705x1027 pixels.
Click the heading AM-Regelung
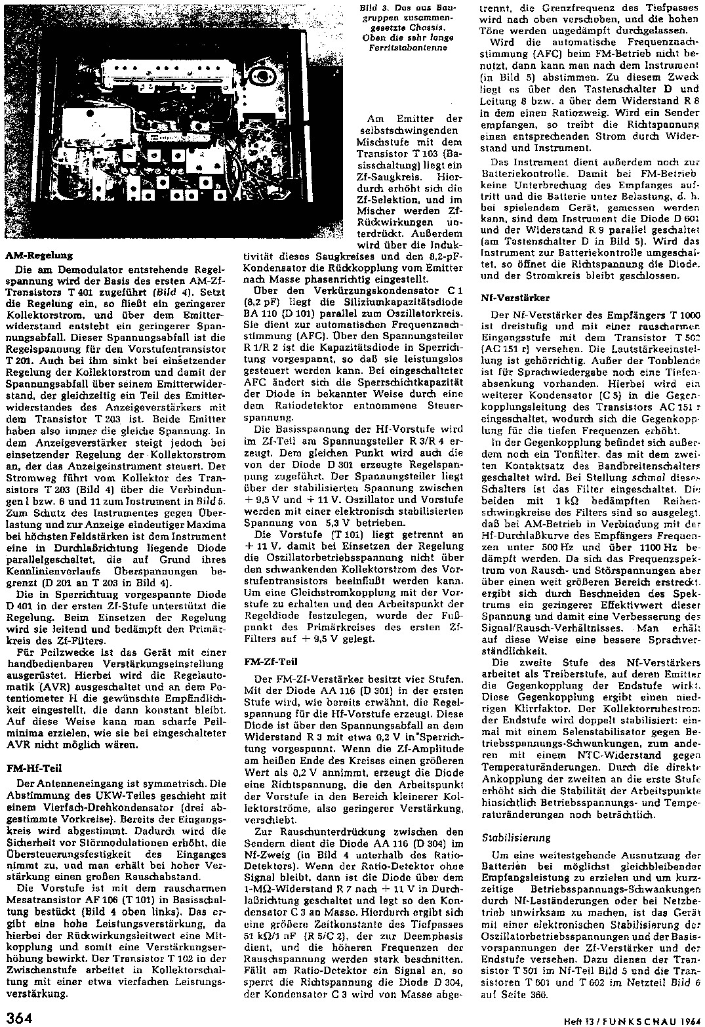click(x=39, y=255)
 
